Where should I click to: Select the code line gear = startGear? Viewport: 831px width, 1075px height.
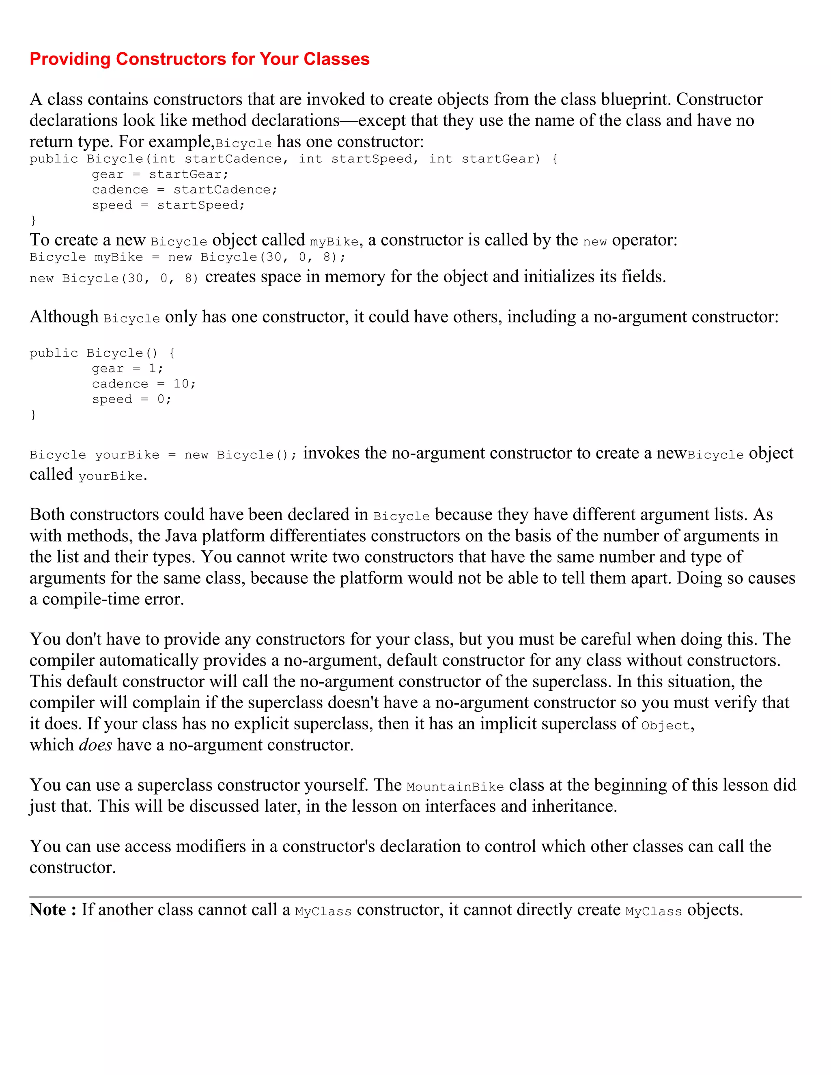[x=160, y=174]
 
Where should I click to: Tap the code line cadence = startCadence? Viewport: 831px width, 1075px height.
[x=185, y=189]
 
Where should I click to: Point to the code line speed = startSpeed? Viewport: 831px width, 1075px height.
[x=168, y=205]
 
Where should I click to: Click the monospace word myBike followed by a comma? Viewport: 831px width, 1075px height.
[x=334, y=242]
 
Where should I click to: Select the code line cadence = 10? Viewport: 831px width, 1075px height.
[x=144, y=383]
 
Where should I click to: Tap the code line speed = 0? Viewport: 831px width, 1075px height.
[x=131, y=399]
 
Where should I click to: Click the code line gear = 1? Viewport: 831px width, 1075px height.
[x=127, y=368]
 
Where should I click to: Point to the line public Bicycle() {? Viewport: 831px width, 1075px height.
[x=102, y=353]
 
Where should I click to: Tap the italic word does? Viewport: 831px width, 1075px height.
[x=95, y=745]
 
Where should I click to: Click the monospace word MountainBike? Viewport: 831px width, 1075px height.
[x=455, y=787]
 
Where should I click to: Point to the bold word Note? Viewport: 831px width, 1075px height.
[x=48, y=909]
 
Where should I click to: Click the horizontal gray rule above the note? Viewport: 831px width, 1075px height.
[x=415, y=897]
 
